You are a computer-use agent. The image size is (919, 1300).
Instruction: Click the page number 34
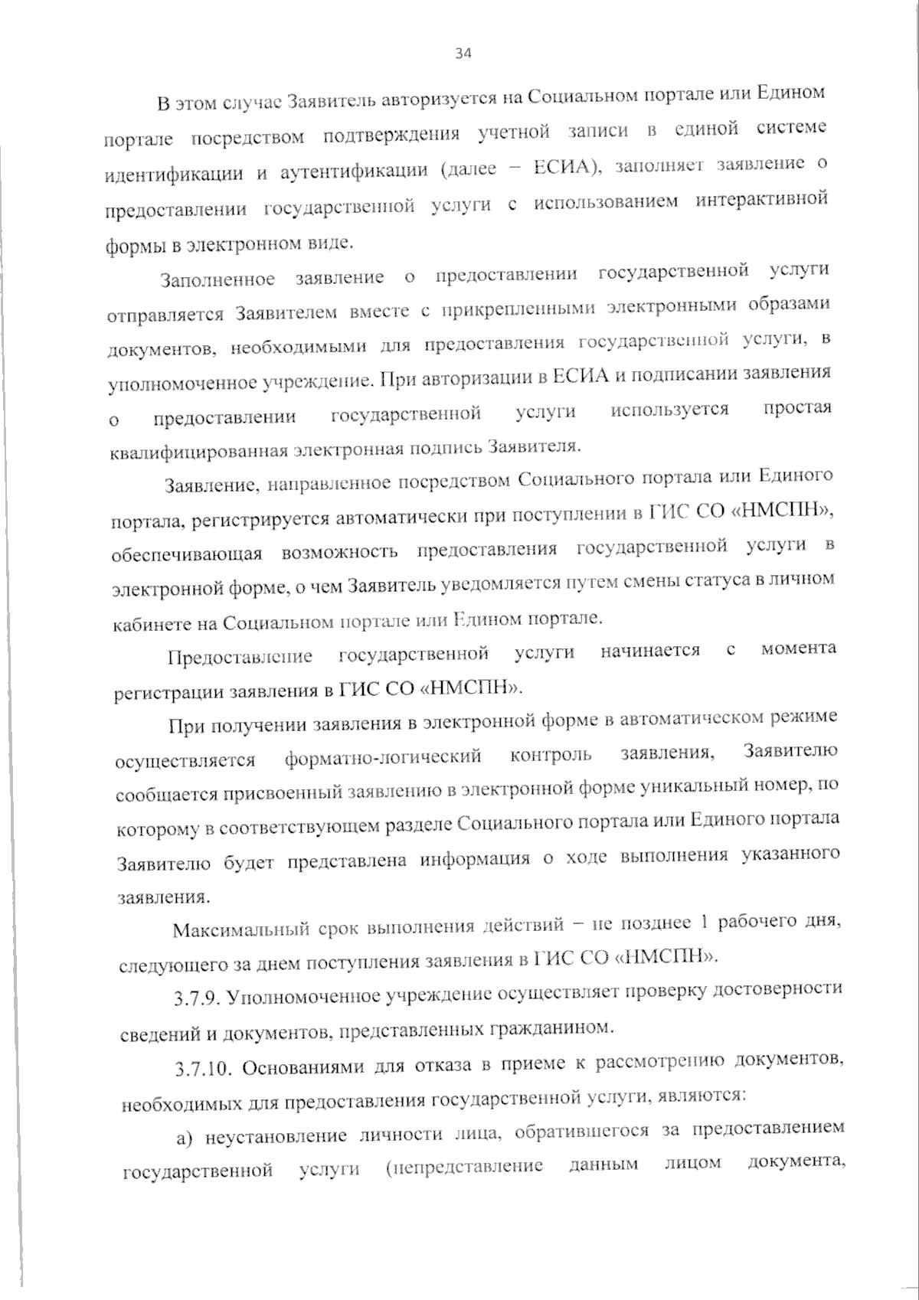tap(463, 53)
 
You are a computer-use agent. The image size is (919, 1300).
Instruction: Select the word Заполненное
tap(217, 279)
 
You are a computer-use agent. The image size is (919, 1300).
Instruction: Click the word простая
tap(797, 407)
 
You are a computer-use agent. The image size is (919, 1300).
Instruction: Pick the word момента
tap(799, 648)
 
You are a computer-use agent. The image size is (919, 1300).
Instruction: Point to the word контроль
tap(551, 754)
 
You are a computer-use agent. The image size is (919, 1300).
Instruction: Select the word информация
tap(475, 858)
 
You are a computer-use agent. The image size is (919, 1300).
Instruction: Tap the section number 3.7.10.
tap(201, 1069)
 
